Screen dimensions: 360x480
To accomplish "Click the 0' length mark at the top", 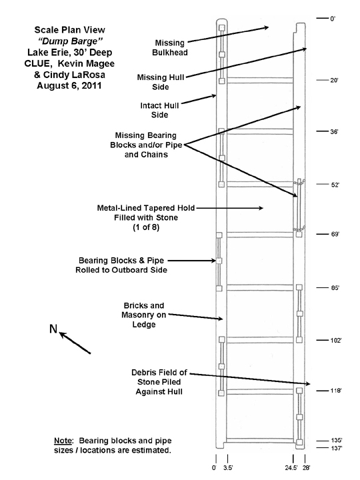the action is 333,19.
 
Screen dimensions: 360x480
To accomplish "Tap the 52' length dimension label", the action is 335,185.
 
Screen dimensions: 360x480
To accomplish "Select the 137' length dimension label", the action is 337,448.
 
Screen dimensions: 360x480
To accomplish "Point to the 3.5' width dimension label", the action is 228,467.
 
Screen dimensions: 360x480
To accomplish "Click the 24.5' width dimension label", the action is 291,467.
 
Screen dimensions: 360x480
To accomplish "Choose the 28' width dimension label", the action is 306,467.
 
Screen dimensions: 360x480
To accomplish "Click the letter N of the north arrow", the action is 53,329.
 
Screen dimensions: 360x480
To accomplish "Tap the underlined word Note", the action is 63,441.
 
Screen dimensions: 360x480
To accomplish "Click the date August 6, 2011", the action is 69,85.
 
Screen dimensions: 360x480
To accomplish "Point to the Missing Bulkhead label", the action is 170,48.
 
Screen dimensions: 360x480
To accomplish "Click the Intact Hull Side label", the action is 159,110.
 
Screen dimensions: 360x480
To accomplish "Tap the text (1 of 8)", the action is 146,227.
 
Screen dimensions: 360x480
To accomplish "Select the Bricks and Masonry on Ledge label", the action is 144,315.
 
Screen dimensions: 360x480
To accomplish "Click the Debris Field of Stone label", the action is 159,382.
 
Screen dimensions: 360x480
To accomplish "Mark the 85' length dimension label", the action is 335,288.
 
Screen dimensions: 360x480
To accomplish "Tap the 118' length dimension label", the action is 336,391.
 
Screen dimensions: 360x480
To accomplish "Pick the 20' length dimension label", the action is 334,80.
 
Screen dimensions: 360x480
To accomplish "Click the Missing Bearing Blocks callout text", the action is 146,145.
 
